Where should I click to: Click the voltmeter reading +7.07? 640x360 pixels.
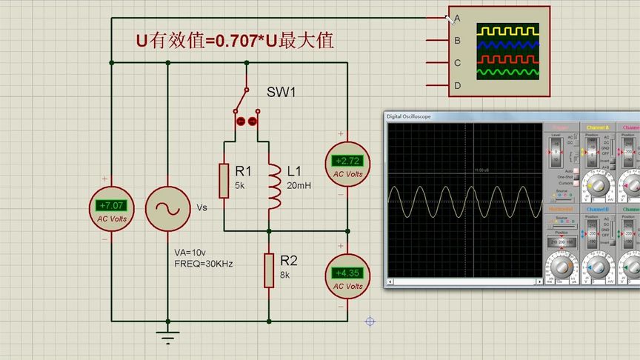click(x=112, y=205)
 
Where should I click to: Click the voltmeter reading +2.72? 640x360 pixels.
click(x=347, y=161)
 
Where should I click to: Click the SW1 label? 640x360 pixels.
click(x=281, y=93)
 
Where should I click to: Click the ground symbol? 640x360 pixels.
click(x=169, y=337)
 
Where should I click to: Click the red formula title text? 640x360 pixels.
click(x=234, y=41)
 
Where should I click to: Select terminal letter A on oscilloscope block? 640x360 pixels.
click(x=458, y=18)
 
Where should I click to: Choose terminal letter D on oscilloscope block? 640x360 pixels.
click(x=458, y=86)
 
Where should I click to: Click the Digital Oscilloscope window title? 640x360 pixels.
click(x=408, y=117)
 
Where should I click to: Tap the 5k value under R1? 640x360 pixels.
click(x=241, y=185)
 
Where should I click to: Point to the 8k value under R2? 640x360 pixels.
click(x=285, y=275)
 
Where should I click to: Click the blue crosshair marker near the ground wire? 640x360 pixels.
click(x=370, y=321)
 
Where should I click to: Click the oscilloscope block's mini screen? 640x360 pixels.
click(x=507, y=52)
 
